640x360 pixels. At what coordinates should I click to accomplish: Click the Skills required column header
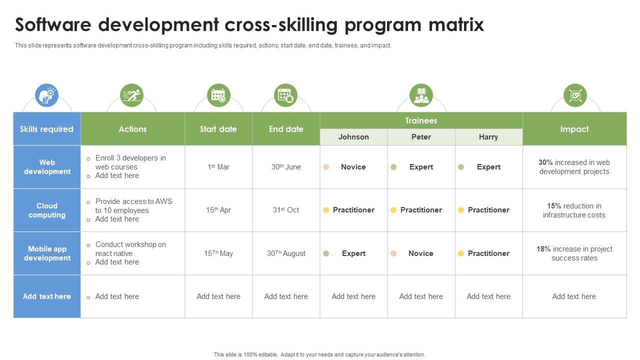(x=46, y=129)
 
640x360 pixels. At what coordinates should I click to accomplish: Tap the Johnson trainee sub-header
(x=353, y=137)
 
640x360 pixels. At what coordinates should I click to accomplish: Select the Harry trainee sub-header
(x=488, y=137)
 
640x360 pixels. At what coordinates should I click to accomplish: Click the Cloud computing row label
(x=47, y=210)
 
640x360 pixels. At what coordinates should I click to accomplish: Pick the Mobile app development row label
(x=47, y=253)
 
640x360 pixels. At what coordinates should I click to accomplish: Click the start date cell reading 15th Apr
(x=218, y=210)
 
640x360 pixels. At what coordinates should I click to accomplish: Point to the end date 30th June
(x=286, y=167)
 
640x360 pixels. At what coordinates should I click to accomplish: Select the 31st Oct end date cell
(x=286, y=210)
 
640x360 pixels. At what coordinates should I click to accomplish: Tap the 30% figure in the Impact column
(x=545, y=162)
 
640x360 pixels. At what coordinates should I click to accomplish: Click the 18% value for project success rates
(x=543, y=249)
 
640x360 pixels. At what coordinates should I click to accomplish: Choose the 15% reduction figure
(x=554, y=206)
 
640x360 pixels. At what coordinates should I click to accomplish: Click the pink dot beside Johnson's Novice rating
(x=326, y=167)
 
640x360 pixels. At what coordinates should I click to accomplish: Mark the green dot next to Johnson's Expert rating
(x=326, y=253)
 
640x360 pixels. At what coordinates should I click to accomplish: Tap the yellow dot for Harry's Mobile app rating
(x=461, y=253)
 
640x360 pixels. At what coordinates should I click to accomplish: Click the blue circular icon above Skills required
(x=46, y=95)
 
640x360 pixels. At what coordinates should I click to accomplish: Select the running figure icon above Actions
(x=131, y=95)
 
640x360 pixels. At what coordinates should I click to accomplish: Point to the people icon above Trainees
(x=421, y=95)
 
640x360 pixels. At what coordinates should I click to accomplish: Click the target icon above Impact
(x=575, y=95)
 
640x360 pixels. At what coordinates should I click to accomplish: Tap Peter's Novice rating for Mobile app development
(x=420, y=253)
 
